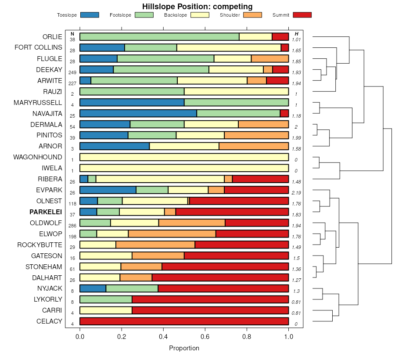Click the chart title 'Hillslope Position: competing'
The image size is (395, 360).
[x=197, y=7]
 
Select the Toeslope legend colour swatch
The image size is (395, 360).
[x=90, y=15]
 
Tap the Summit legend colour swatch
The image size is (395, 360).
[x=302, y=15]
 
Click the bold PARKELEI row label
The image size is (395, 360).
[x=46, y=212]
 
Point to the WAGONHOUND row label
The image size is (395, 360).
[x=38, y=157]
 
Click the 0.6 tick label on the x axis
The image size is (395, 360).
[x=247, y=337]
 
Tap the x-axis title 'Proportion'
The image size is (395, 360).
[x=184, y=348]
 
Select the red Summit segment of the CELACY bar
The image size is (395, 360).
[x=184, y=321]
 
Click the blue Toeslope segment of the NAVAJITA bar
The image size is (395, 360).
[x=138, y=113]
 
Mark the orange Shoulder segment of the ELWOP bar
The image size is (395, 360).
[x=172, y=234]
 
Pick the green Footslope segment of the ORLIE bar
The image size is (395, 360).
[x=159, y=37]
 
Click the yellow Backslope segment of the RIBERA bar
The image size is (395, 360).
[x=160, y=179]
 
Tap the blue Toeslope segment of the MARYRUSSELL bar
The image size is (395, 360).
[x=132, y=102]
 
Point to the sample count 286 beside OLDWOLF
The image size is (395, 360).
[x=72, y=226]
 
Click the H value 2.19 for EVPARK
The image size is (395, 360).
[x=296, y=193]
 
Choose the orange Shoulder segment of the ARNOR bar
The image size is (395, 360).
[x=254, y=146]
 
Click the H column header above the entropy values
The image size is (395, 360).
[x=297, y=34]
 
